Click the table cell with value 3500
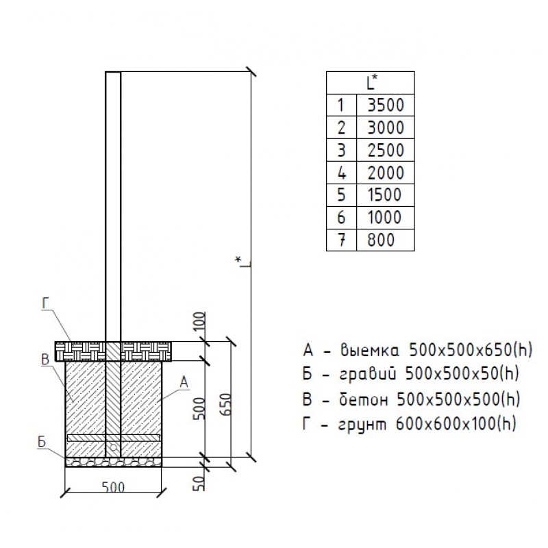click(x=386, y=105)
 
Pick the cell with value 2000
click(x=386, y=172)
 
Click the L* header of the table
click(x=371, y=84)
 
